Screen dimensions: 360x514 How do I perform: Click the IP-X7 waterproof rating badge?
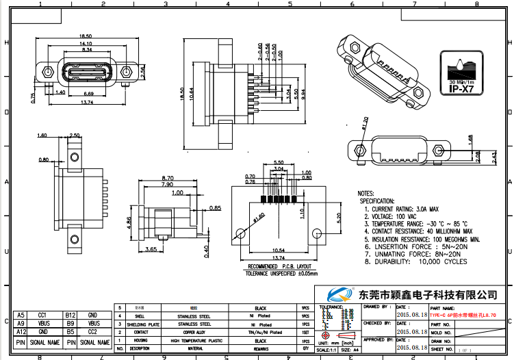pos(462,72)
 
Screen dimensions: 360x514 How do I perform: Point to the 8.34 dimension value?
pos(87,50)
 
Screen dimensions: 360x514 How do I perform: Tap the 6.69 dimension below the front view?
pos(89,93)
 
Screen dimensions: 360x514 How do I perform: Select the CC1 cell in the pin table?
pos(42,316)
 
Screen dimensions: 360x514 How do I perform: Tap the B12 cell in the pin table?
pos(70,316)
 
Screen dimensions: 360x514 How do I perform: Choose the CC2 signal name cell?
pos(94,332)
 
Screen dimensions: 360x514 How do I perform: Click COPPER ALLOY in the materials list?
pos(193,332)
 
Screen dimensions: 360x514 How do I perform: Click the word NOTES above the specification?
pos(366,194)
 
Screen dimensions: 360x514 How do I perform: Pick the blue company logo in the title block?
pos(340,295)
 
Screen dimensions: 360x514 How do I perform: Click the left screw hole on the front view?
pos(47,71)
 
